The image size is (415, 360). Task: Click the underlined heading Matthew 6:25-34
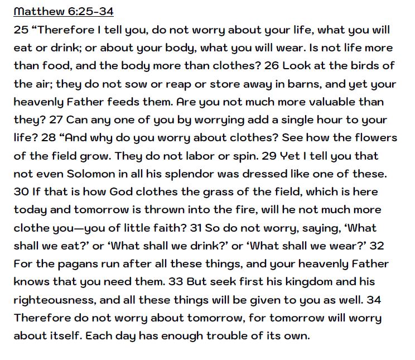(x=64, y=12)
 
